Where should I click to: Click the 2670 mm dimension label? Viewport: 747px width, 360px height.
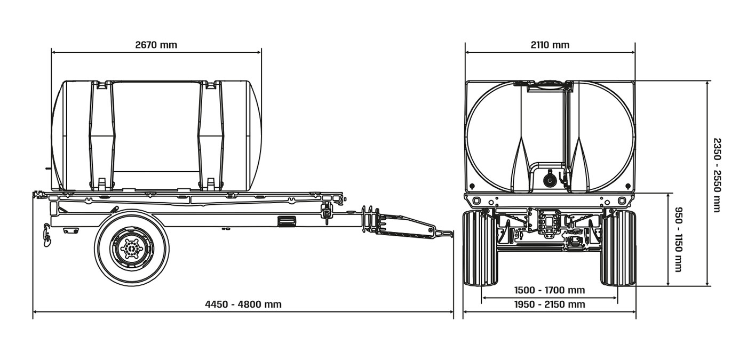click(x=156, y=45)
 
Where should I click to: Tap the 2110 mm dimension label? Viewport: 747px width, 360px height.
click(x=550, y=45)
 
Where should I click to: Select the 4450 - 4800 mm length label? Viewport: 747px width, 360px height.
click(x=243, y=305)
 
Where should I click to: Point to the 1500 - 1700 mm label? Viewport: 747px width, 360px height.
click(x=550, y=290)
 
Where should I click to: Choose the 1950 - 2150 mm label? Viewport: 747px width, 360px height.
click(x=550, y=305)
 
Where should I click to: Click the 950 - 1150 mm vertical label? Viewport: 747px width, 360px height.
click(x=679, y=239)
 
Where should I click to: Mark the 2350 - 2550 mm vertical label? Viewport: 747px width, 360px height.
click(x=717, y=175)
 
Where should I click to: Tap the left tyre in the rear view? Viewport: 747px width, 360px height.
click(x=480, y=248)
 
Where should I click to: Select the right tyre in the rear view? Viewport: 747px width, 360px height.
click(x=618, y=248)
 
